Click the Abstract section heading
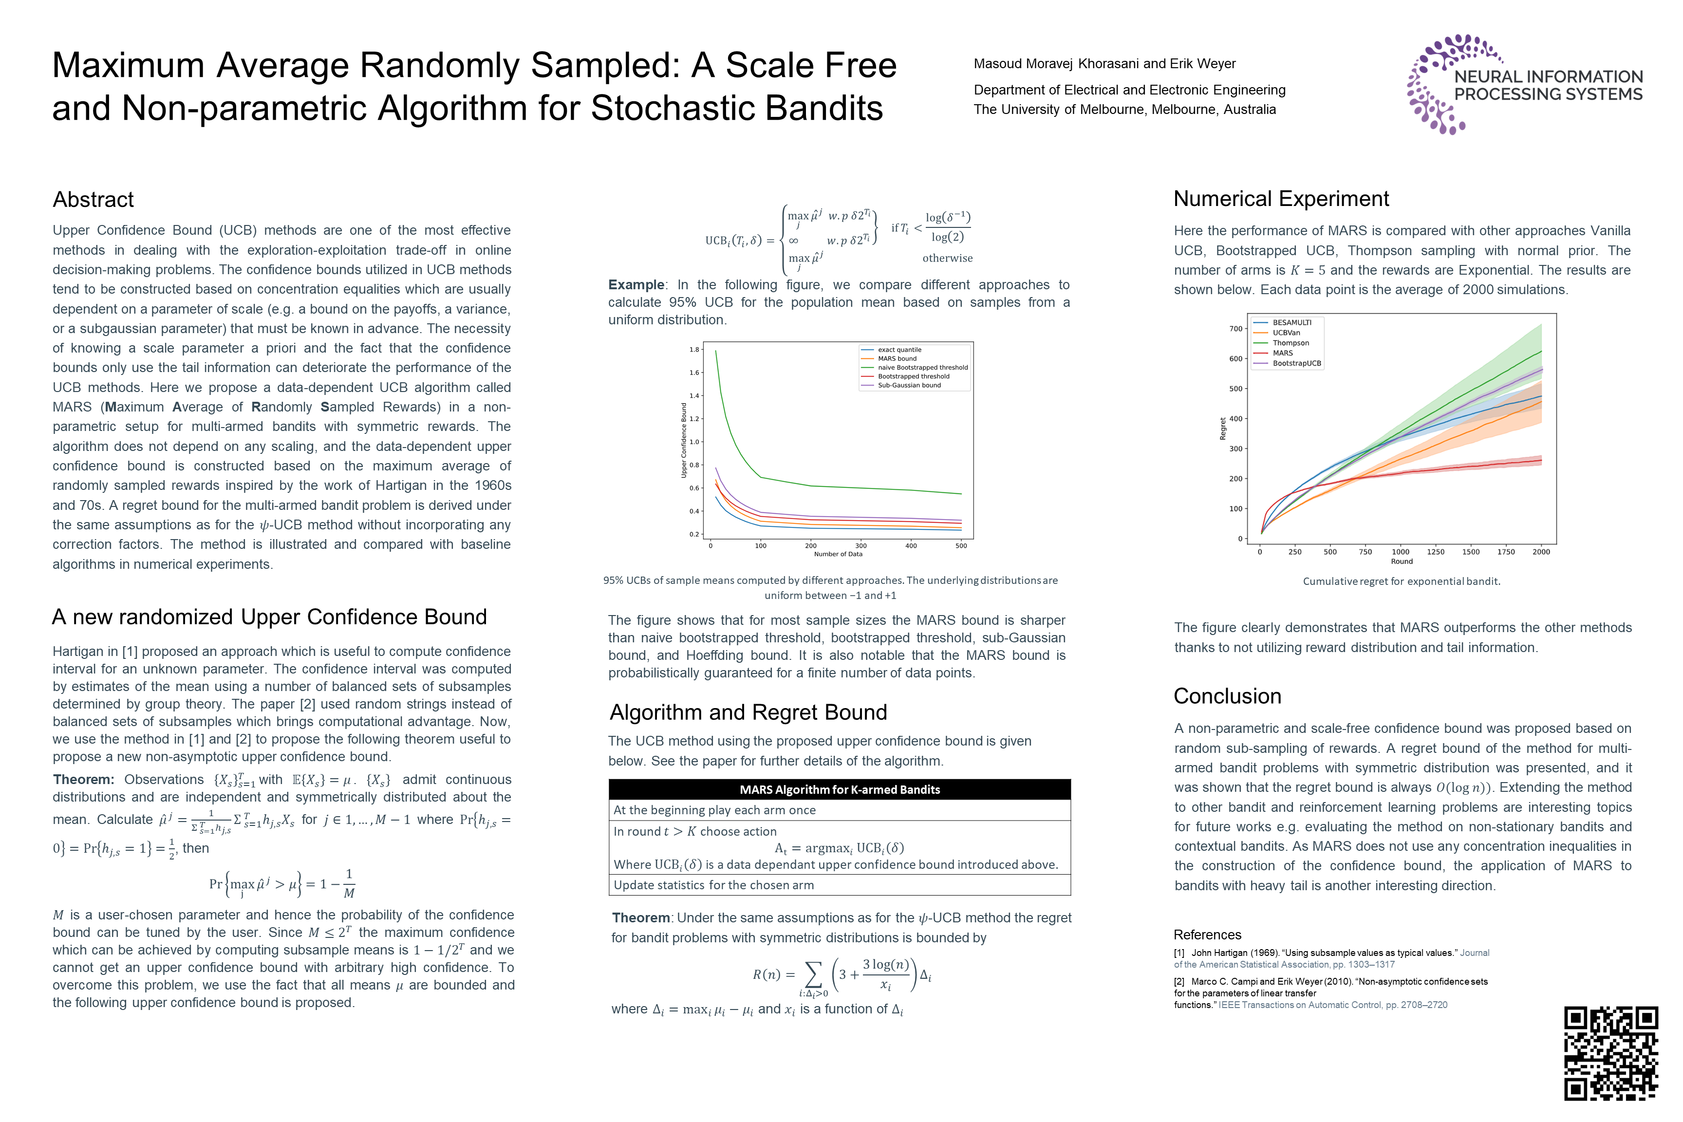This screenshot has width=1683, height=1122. tap(93, 200)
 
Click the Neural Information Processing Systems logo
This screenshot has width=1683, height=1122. tap(1524, 84)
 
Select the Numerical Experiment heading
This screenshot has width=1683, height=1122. tap(1281, 199)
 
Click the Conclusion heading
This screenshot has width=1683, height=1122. tap(1227, 696)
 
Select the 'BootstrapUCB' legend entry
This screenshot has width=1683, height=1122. tap(1297, 363)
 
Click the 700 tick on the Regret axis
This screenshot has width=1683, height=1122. tap(1236, 329)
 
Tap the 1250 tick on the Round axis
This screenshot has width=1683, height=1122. tap(1436, 552)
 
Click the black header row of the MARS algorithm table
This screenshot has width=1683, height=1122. tap(840, 789)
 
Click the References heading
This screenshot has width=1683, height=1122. tap(1207, 935)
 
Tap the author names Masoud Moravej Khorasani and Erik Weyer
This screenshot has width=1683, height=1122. tap(1104, 64)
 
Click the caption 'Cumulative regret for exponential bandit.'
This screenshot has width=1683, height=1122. tap(1401, 581)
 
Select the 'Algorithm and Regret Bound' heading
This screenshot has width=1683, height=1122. tap(748, 713)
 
